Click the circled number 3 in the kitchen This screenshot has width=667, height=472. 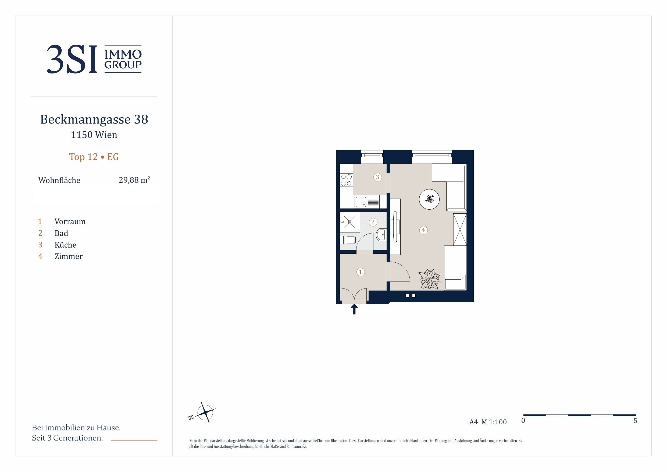377,177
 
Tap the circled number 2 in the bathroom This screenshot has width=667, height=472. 373,222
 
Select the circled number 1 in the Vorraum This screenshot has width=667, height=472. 361,272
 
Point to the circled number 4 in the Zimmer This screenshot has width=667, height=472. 423,230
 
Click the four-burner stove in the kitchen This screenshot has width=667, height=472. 346,180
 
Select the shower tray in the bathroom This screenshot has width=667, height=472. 350,222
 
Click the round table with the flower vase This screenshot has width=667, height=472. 429,199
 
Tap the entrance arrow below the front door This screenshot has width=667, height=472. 354,309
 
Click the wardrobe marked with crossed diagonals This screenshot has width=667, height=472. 460,230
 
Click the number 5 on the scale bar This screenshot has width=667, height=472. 635,421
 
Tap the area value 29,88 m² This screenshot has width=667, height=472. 134,180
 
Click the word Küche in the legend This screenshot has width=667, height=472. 65,245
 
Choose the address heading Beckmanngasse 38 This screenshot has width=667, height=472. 94,119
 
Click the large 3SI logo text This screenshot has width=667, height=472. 72,59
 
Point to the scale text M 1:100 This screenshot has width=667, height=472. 494,422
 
